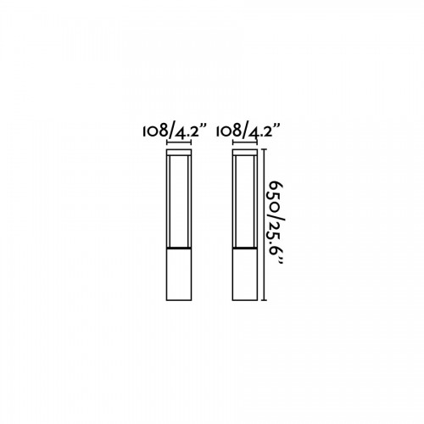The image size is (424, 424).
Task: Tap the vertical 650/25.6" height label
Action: click(275, 222)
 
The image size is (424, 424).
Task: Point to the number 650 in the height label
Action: click(276, 195)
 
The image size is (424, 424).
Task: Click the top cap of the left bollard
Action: click(179, 153)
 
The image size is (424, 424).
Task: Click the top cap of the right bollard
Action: click(245, 153)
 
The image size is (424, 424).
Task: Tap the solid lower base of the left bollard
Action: click(179, 275)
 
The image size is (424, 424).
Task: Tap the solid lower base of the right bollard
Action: click(245, 275)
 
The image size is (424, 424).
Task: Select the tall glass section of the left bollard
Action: click(179, 202)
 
